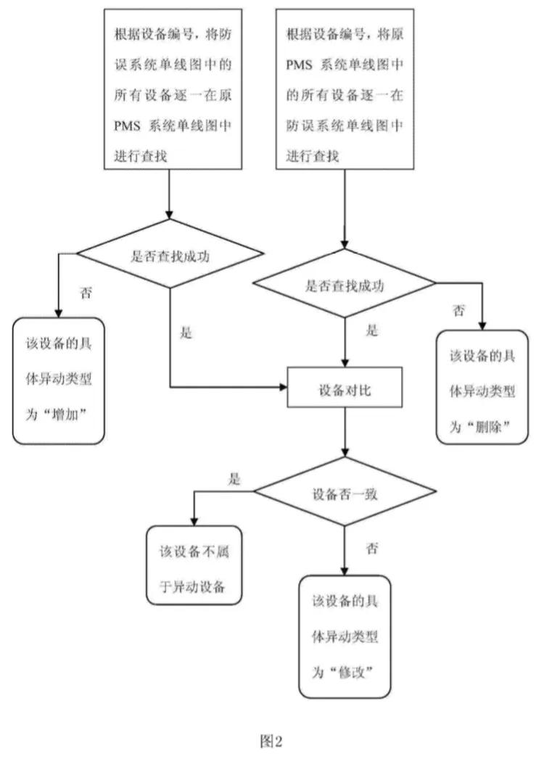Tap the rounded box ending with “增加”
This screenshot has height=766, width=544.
pos(58,380)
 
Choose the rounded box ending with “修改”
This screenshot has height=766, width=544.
pos(345,636)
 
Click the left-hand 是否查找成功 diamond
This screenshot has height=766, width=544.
pos(170,254)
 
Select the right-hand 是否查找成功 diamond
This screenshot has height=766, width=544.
pos(345,285)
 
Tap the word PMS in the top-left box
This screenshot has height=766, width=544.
pos(128,124)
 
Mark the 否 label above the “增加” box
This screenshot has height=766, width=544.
pos(86,294)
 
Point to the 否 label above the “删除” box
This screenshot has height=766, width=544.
pos(458,310)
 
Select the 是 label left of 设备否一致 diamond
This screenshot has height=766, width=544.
pos(234,479)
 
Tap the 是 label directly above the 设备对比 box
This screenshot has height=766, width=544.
pos(371,332)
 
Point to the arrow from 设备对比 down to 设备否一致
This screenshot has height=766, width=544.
pos(345,435)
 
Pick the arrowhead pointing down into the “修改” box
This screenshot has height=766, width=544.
pos(345,570)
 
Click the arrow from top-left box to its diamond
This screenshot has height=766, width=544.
pos(170,196)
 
